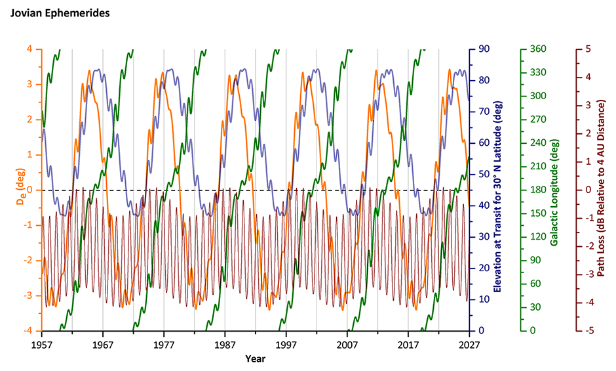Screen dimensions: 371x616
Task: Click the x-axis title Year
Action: click(x=256, y=359)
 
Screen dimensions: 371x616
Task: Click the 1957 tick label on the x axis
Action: click(x=42, y=344)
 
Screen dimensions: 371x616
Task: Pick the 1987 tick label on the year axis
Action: click(x=225, y=344)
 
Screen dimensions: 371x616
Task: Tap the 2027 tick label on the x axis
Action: click(x=469, y=344)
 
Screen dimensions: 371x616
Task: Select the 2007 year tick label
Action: click(x=347, y=344)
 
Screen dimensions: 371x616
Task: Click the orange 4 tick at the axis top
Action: click(x=29, y=49)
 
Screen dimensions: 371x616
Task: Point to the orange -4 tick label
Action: click(x=28, y=331)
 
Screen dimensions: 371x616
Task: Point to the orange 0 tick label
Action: click(x=29, y=190)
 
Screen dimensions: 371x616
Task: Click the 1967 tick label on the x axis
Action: click(x=103, y=344)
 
